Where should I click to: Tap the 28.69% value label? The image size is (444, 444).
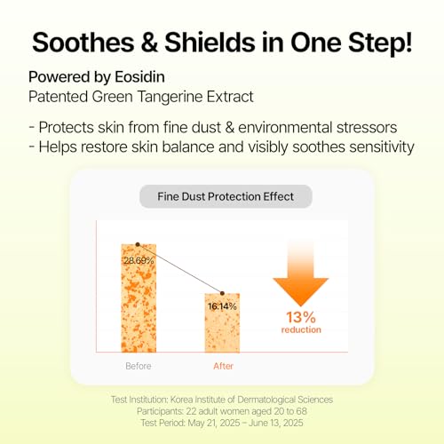tap(139, 260)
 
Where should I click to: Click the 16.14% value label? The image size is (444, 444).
tap(222, 305)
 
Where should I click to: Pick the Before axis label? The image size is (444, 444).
tap(139, 365)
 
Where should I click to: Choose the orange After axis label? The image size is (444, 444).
tap(223, 365)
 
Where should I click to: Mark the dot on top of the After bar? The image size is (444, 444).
tap(223, 293)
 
